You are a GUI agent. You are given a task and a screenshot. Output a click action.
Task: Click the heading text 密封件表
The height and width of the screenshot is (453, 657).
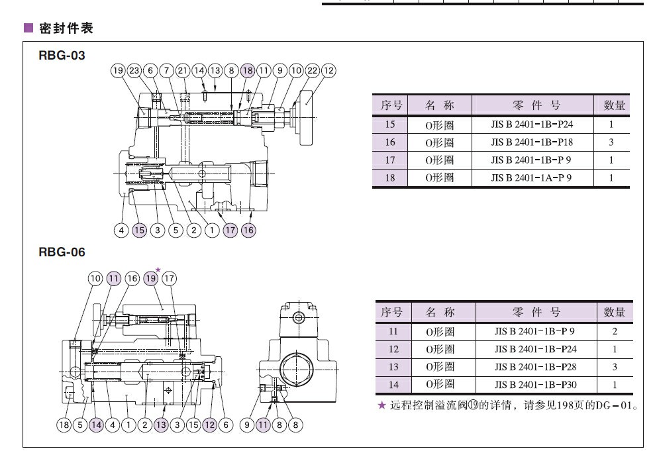click(64, 28)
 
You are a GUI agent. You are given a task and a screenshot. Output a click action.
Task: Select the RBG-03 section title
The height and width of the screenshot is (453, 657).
click(62, 56)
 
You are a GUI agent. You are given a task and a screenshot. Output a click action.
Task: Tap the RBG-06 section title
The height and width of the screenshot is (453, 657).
click(62, 252)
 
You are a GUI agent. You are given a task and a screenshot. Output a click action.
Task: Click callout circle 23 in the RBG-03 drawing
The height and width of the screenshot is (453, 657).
click(134, 71)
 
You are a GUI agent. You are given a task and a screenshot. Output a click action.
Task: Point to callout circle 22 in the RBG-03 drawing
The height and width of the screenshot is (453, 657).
click(313, 71)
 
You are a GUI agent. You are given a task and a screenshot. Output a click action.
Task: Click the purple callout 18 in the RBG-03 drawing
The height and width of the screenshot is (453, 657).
click(248, 71)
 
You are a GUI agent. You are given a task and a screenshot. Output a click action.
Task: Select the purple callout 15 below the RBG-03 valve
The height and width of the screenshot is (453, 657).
click(139, 230)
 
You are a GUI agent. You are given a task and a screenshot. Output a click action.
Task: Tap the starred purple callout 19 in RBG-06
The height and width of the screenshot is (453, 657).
click(151, 278)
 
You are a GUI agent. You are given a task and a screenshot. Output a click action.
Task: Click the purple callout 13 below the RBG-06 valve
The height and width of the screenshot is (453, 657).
click(161, 425)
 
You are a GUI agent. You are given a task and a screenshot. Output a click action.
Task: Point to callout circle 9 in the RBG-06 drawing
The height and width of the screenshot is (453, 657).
click(247, 425)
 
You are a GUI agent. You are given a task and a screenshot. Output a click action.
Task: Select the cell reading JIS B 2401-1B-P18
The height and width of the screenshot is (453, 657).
click(531, 142)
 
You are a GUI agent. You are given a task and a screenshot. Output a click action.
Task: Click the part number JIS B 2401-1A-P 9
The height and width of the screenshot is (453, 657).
click(531, 177)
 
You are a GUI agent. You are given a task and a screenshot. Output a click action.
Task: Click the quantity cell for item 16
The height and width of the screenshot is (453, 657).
click(611, 142)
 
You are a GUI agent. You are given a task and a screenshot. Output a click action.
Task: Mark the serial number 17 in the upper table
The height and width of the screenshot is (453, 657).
click(389, 160)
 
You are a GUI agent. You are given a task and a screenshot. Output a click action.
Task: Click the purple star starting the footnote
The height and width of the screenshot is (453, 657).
click(381, 405)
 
